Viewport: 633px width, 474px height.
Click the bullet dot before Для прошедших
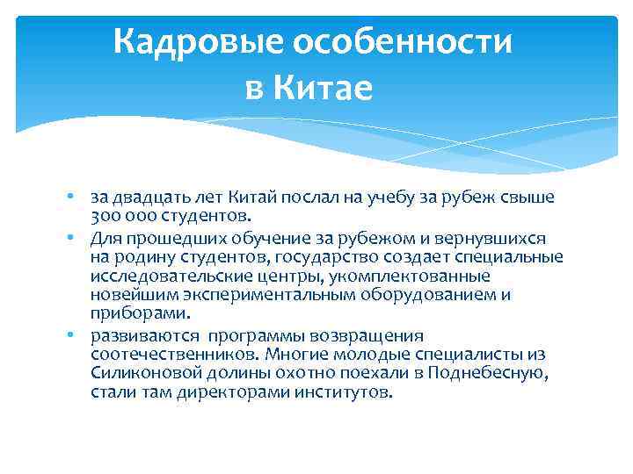77,238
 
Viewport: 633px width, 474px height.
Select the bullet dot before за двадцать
77,198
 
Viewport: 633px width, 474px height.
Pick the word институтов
344,391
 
